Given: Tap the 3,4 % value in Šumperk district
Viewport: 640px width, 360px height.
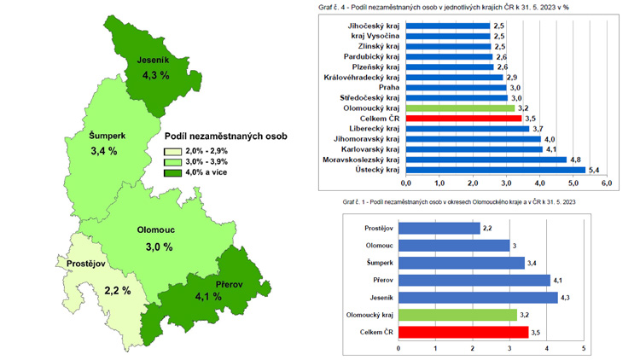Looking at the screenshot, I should click(102, 151).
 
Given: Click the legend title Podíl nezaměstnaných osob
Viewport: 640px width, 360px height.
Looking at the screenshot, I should click(224, 136).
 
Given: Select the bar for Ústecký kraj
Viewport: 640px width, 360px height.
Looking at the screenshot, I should click(496, 170).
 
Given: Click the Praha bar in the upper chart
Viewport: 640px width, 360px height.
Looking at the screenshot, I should click(456, 87).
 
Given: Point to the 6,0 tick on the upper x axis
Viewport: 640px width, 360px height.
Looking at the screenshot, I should click(607, 183).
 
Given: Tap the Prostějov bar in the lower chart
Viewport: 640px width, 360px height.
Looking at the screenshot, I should click(437, 229).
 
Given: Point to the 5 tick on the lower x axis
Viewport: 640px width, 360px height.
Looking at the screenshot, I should click(583, 348).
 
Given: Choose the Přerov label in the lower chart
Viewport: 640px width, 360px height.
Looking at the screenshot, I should click(378, 280).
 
